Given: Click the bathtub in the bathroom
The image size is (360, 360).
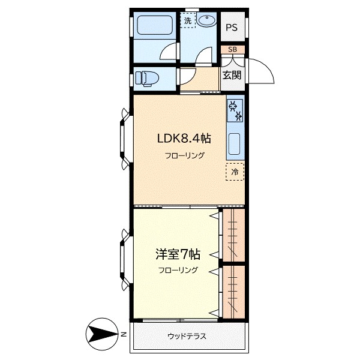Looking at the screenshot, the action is [x=155, y=25].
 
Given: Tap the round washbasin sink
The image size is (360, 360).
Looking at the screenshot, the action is [x=206, y=20].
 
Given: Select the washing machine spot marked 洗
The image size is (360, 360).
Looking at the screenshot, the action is [x=188, y=20].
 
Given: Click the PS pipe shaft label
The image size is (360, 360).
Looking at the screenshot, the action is [x=232, y=28].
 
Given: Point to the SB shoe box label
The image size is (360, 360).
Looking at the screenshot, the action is [x=233, y=49].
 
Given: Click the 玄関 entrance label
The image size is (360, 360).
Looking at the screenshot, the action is [x=232, y=75].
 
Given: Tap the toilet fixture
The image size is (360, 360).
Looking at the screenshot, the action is [x=147, y=79].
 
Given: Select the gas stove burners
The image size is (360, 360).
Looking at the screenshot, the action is [x=235, y=110].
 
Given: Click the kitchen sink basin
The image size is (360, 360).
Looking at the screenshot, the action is [x=234, y=144].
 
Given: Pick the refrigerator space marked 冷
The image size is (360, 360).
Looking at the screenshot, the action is [x=235, y=172].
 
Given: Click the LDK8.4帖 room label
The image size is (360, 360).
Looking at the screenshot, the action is [x=184, y=139].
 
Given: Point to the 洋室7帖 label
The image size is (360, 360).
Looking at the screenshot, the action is [x=178, y=254].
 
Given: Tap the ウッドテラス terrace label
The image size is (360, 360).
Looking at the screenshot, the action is [x=187, y=337].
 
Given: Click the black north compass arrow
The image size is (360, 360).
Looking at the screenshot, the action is [x=103, y=334].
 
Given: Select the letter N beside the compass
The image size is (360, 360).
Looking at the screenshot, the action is [x=124, y=334].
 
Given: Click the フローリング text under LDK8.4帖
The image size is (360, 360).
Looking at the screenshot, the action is [x=185, y=155].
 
